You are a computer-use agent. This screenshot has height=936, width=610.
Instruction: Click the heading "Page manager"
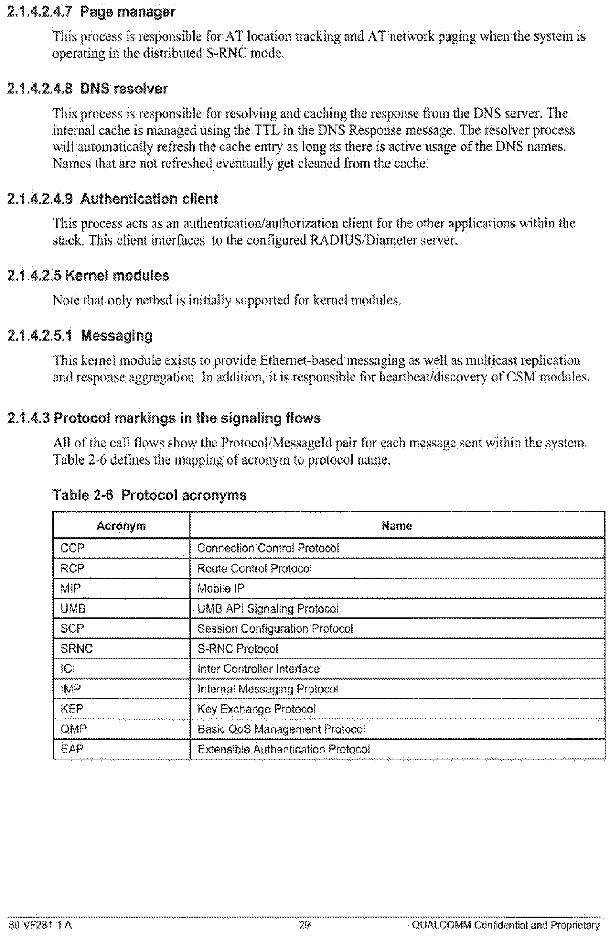coord(127,12)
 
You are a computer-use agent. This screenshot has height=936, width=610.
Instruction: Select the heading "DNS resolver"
coord(124,89)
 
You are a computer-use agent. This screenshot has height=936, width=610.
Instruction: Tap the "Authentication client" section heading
coord(149,199)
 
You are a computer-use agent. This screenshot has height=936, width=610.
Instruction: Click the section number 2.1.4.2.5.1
coord(40,336)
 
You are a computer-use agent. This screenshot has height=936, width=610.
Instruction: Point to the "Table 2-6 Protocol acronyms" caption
coord(149,495)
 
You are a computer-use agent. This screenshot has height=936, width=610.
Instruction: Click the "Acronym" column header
coord(121,526)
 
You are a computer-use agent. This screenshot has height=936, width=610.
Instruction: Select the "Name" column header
coord(397,526)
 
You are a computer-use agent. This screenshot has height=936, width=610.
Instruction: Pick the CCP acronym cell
coord(72,548)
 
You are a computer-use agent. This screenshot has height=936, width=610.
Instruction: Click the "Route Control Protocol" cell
coord(254,569)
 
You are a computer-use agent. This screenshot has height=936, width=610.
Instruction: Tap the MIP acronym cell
coord(71,588)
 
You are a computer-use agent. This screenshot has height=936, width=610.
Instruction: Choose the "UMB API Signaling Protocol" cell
coord(268,609)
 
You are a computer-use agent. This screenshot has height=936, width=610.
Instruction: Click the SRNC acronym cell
coord(77,648)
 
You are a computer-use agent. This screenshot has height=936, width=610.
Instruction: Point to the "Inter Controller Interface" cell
coord(258,669)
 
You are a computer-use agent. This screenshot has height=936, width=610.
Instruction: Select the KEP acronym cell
coord(72,709)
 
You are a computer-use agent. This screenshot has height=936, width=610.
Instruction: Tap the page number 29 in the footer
coord(304,925)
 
